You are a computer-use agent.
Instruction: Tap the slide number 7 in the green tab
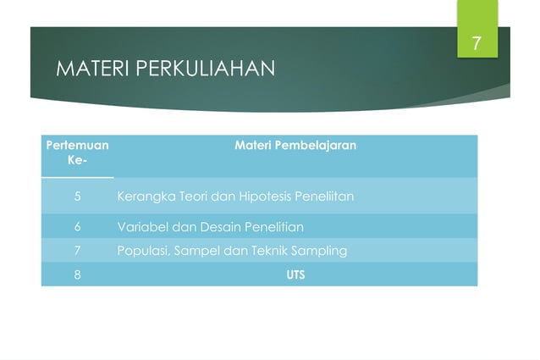pyautogui.click(x=477, y=44)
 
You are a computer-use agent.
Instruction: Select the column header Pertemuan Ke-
pyautogui.click(x=77, y=152)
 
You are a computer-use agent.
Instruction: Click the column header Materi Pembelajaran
pyautogui.click(x=295, y=146)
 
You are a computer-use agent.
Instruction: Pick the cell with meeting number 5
pyautogui.click(x=77, y=197)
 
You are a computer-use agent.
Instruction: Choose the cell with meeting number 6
pyautogui.click(x=77, y=227)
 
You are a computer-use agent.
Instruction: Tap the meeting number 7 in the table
pyautogui.click(x=77, y=251)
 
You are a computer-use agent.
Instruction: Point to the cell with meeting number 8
pyautogui.click(x=77, y=274)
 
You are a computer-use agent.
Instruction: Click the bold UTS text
pyautogui.click(x=295, y=274)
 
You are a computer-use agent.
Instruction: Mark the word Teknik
pyautogui.click(x=273, y=251)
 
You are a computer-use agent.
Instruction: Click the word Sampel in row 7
pyautogui.click(x=195, y=251)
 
